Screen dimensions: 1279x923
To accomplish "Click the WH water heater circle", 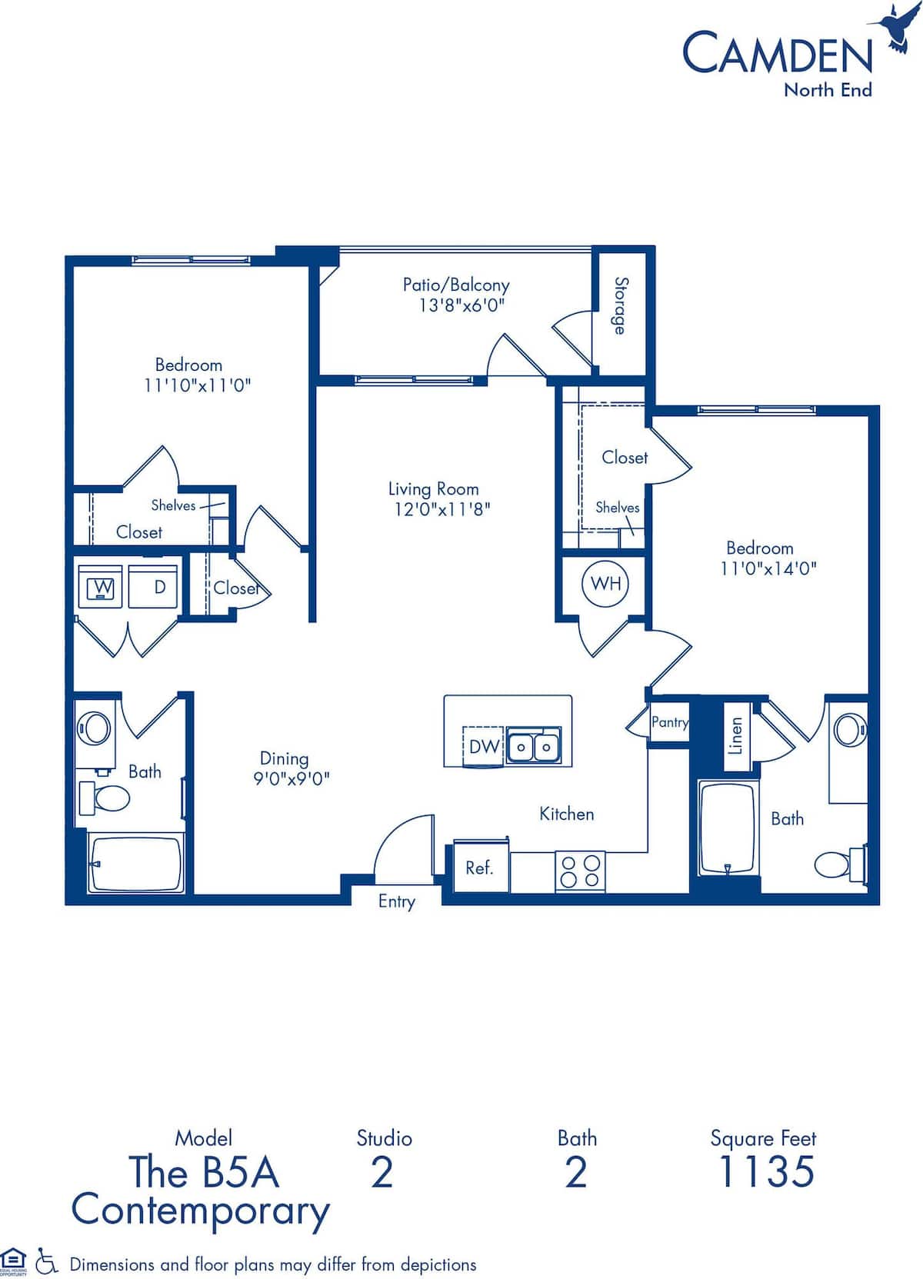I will tap(605, 583).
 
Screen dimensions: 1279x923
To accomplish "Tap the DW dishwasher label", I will tap(484, 746).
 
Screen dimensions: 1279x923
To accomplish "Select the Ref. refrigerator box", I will tap(479, 868).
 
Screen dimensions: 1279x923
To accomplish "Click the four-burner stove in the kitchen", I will tap(580, 871).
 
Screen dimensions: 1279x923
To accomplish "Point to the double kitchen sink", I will tap(534, 745).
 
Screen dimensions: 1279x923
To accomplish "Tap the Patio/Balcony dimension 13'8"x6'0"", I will tap(461, 305).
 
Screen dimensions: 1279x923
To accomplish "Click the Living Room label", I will tap(433, 488).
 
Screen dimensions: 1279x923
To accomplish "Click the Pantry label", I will tap(669, 722).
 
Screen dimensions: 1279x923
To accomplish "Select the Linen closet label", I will tap(736, 736).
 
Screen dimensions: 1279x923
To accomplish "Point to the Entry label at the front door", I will tap(396, 901).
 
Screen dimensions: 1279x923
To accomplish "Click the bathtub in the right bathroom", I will tap(727, 828).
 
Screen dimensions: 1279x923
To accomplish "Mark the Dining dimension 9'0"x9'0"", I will tap(292, 778).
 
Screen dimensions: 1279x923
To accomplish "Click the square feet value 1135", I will tap(765, 1172).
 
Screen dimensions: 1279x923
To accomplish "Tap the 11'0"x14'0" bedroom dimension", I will tap(768, 568).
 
